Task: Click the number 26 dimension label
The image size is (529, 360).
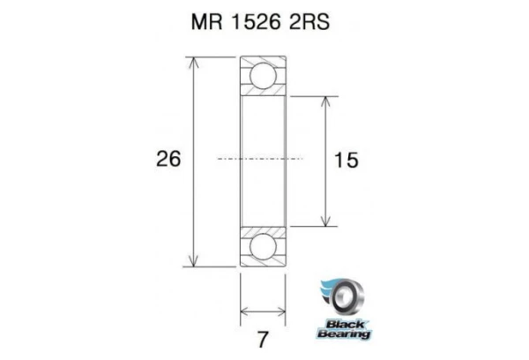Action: (168, 160)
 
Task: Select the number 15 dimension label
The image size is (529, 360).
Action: (346, 160)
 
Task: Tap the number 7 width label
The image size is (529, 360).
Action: (263, 336)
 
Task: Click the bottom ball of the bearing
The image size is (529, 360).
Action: (263, 247)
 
